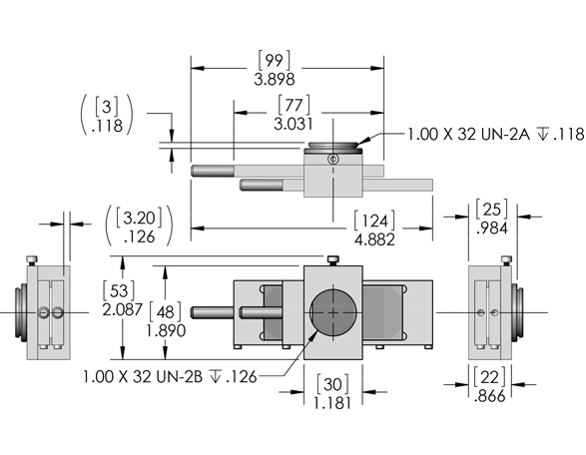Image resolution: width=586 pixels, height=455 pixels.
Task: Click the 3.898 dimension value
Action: coord(275,80)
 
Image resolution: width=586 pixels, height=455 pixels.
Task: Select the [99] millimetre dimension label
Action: coord(274,60)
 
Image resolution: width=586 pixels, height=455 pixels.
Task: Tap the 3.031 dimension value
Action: coord(293,124)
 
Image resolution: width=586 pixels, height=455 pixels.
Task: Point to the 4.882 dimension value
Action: coord(374,239)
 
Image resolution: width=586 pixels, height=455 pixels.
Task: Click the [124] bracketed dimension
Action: coord(374,221)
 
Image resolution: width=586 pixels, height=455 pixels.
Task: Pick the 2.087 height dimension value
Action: coord(122,309)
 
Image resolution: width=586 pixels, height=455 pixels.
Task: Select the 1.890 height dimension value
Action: coord(166,330)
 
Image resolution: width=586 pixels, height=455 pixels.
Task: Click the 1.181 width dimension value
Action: coord(332,403)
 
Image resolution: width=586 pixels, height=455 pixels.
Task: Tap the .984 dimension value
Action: coord(492,227)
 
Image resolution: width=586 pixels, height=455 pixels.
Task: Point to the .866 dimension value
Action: coord(490,395)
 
